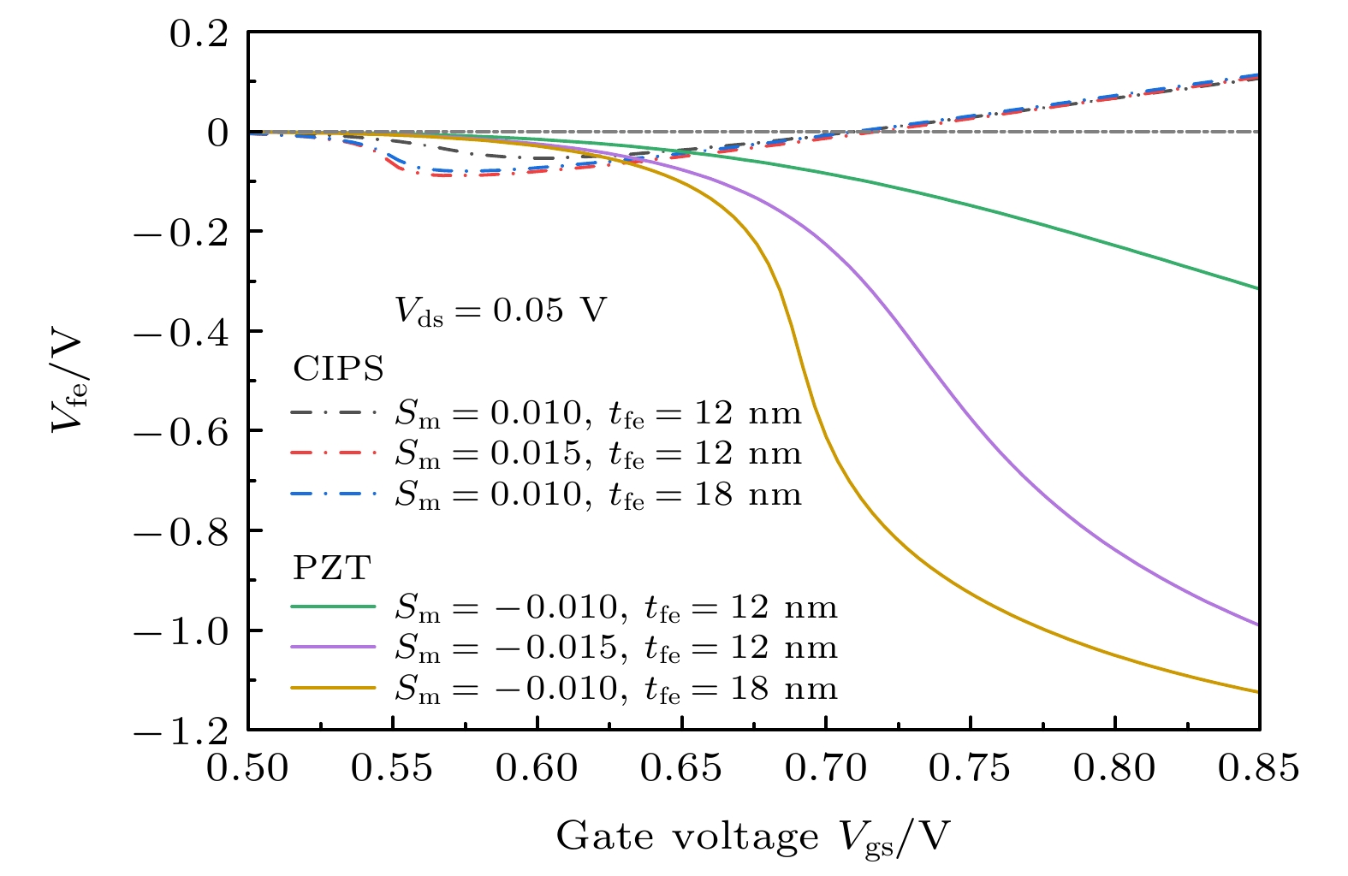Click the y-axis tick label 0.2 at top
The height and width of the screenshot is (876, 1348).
point(199,33)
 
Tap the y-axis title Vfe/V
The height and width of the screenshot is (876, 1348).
point(68,381)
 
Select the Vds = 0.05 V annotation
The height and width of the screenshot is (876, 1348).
point(500,310)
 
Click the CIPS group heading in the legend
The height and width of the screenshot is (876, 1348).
point(338,370)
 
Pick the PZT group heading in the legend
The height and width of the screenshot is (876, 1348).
point(331,568)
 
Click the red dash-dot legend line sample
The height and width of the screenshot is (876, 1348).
point(334,453)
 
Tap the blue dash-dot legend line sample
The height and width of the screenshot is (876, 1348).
point(334,494)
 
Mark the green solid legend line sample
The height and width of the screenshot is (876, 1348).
point(334,607)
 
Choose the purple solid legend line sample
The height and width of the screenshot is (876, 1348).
point(334,648)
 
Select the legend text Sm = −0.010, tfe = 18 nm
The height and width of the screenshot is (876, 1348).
point(615,689)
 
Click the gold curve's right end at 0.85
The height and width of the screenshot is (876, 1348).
point(1258,691)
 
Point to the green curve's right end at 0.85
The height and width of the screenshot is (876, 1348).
point(1258,288)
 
